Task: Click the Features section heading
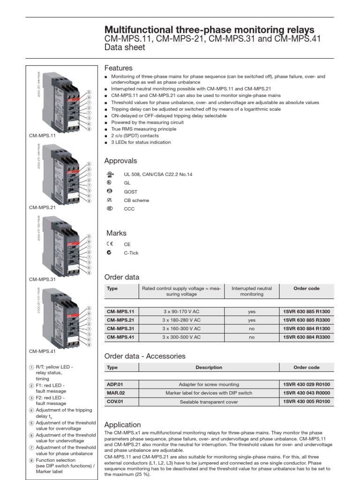point(118,68)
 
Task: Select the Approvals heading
point(120,161)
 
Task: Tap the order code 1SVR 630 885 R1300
point(307,312)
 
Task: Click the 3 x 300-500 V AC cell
point(181,337)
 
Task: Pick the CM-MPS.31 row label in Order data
point(120,329)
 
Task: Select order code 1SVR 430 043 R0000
point(307,393)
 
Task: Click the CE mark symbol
point(109,244)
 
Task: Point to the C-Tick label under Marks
point(131,253)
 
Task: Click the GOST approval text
point(130,192)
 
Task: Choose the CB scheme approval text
point(136,201)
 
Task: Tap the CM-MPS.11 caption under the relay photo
point(42,136)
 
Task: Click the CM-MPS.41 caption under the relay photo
point(42,351)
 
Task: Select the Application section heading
point(122,425)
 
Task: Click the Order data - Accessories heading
point(144,356)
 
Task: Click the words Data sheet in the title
point(125,47)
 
